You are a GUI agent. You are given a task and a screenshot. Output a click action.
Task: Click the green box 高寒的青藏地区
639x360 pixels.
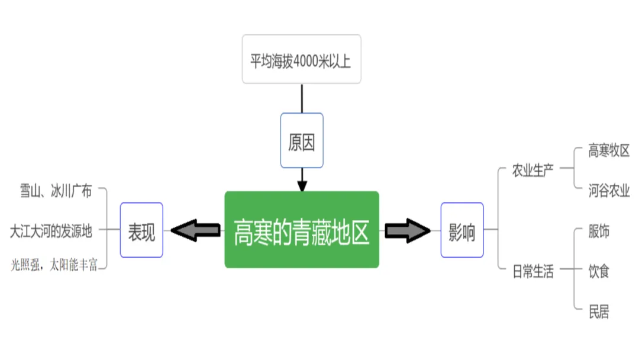(x=302, y=230)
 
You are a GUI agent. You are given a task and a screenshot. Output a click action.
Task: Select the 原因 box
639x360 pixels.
(x=302, y=140)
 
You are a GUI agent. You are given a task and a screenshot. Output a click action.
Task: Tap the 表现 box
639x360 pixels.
(x=141, y=230)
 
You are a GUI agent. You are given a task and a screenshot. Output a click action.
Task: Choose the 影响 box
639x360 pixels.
(x=462, y=230)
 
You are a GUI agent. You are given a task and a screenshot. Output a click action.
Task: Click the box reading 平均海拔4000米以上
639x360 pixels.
(x=301, y=59)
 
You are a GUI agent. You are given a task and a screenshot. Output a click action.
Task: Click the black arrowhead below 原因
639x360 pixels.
(x=302, y=184)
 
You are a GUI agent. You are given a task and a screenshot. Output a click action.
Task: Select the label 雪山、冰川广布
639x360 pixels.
(x=56, y=191)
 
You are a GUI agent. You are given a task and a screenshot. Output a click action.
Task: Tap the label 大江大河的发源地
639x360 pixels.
(x=51, y=231)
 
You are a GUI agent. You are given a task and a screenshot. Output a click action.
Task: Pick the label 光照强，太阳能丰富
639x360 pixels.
(x=54, y=265)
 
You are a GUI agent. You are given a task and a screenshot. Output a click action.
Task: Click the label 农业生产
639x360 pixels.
(x=533, y=171)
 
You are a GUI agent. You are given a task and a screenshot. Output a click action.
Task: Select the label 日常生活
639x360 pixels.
(x=533, y=272)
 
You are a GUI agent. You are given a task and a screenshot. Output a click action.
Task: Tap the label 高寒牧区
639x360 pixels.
(x=609, y=150)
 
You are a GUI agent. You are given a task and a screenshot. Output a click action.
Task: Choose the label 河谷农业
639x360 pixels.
(x=609, y=191)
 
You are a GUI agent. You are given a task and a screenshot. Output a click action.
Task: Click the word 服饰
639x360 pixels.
(x=599, y=232)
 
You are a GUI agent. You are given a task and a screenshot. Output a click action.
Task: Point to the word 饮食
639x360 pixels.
(x=599, y=272)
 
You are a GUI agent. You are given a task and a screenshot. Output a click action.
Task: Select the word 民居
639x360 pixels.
(x=599, y=311)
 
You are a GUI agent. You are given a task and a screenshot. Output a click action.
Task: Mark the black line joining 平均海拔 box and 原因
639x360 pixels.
(x=302, y=98)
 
